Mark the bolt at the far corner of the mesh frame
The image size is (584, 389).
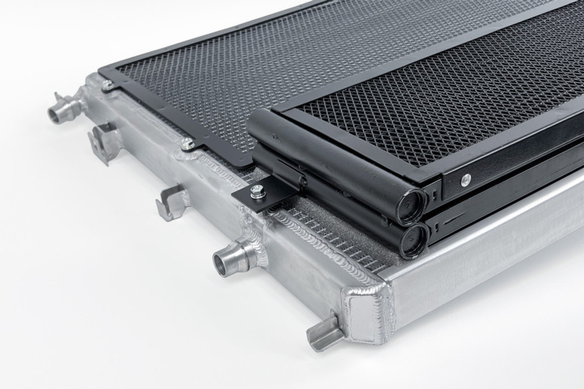pyautogui.click(x=106, y=85)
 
